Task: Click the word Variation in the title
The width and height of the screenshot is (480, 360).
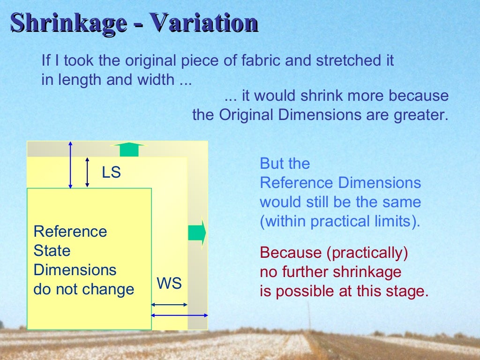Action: [x=203, y=22]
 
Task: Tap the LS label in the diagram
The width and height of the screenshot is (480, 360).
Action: [x=112, y=173]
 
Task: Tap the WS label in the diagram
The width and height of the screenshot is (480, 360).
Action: [x=169, y=284]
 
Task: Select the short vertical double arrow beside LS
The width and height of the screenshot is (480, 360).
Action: [x=88, y=172]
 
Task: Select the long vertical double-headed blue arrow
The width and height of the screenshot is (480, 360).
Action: [x=70, y=165]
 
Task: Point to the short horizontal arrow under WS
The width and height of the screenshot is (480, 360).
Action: [x=169, y=305]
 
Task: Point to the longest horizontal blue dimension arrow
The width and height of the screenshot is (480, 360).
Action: [x=180, y=315]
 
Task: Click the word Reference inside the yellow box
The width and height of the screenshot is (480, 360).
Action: [x=70, y=232]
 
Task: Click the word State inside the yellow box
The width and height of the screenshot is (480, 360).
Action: [x=52, y=251]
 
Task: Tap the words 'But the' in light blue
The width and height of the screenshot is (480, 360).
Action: [x=285, y=164]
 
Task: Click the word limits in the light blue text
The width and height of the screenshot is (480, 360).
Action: [x=395, y=221]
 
